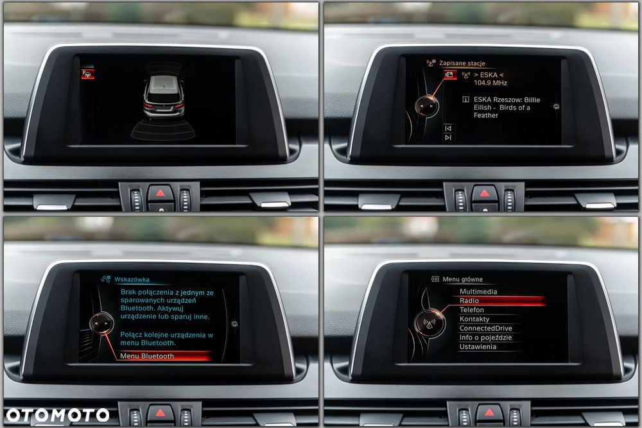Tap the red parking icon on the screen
[x=87, y=74]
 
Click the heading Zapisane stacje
[x=462, y=64]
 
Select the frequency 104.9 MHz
[x=490, y=83]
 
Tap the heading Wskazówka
[x=132, y=280]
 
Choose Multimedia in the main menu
[x=478, y=292]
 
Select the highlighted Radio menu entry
[x=469, y=301]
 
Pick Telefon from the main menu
[x=471, y=310]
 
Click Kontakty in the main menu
[x=474, y=319]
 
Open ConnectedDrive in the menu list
[x=485, y=329]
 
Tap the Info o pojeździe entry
[x=485, y=338]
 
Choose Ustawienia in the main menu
[x=478, y=347]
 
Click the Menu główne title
[x=462, y=280]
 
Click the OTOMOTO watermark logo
[x=58, y=415]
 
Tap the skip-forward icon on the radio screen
[x=447, y=137]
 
